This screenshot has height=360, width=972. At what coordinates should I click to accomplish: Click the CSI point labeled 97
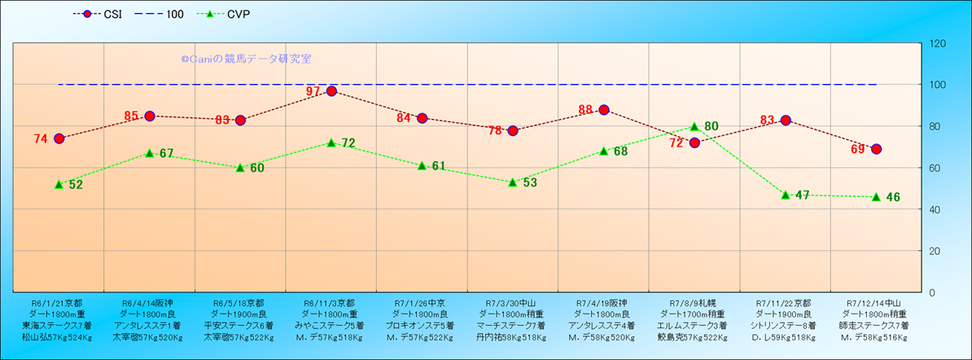click(331, 91)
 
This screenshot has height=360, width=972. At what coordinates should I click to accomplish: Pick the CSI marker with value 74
click(59, 138)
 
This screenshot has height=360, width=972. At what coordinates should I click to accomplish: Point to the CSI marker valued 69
click(876, 149)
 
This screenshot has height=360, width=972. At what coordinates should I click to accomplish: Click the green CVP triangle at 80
click(694, 126)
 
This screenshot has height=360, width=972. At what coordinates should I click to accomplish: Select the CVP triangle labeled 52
click(59, 184)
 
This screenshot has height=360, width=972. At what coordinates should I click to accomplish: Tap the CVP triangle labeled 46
click(876, 196)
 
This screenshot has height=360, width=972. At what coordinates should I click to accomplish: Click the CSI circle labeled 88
click(604, 110)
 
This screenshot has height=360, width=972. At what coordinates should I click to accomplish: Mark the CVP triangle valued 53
click(513, 182)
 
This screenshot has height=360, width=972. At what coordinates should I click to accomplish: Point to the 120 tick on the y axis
click(936, 43)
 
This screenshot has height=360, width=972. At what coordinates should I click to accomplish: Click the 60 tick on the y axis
click(933, 168)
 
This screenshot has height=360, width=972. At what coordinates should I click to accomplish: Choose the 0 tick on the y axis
click(930, 292)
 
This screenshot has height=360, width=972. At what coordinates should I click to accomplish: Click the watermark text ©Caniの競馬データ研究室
click(246, 59)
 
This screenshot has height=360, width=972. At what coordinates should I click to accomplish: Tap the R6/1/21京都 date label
click(57, 302)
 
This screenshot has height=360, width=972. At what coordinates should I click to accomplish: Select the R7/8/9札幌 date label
click(694, 302)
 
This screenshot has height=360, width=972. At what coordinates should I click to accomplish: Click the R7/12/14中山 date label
click(875, 302)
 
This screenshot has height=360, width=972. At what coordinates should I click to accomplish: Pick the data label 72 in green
click(348, 143)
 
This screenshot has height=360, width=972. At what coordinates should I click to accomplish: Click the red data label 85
click(133, 116)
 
